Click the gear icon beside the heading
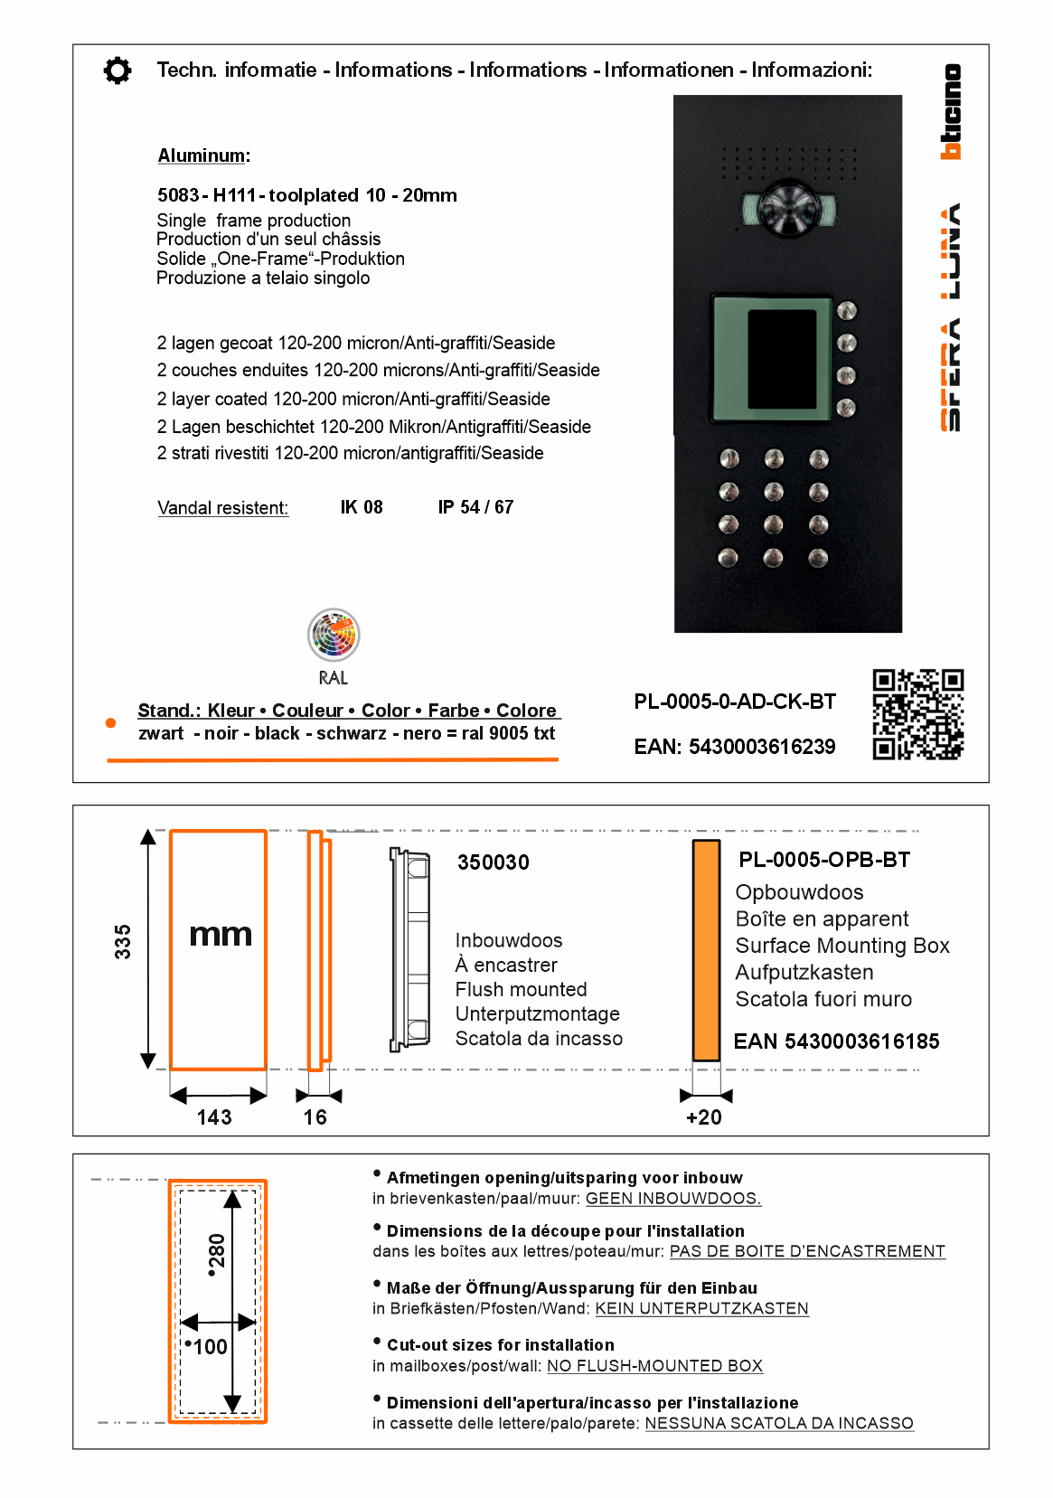(118, 71)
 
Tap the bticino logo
(951, 112)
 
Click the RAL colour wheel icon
(334, 635)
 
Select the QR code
(917, 714)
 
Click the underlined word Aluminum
(202, 155)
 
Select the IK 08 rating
(362, 507)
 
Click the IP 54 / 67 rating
(475, 507)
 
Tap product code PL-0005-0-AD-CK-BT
(735, 702)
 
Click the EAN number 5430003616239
(735, 747)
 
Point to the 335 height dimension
(123, 941)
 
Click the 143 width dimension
(214, 1117)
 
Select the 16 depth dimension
(315, 1117)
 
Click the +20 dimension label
(704, 1117)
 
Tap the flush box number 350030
(494, 862)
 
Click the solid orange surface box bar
(706, 949)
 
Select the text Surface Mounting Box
(842, 946)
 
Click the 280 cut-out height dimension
(216, 1255)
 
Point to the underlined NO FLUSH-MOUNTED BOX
(654, 1366)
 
